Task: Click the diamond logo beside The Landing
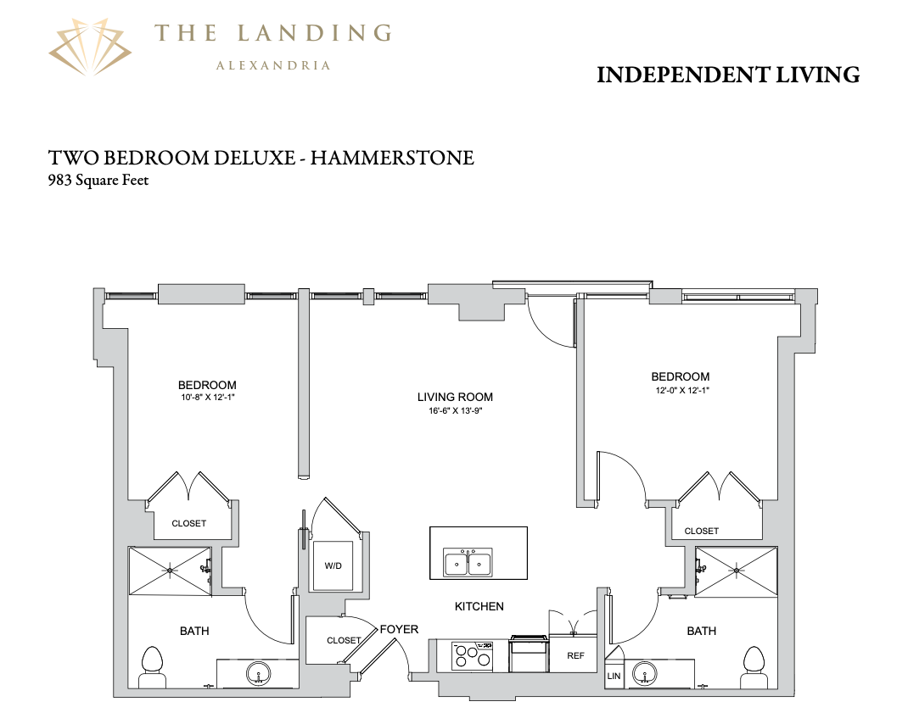(90, 47)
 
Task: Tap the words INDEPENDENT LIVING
(728, 75)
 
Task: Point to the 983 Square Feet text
(98, 180)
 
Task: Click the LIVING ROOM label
(455, 397)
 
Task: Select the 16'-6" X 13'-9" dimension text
(456, 411)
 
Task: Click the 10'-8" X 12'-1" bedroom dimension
(207, 398)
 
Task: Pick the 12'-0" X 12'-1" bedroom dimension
(682, 390)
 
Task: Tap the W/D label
(333, 566)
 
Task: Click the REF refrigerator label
(575, 655)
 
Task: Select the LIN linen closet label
(614, 676)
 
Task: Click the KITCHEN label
(479, 606)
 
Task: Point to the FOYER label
(399, 629)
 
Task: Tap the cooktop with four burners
(472, 655)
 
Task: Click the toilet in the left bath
(152, 667)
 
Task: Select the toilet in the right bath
(754, 667)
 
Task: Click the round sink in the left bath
(258, 674)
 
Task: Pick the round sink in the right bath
(644, 673)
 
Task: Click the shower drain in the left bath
(170, 571)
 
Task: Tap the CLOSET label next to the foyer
(344, 641)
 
